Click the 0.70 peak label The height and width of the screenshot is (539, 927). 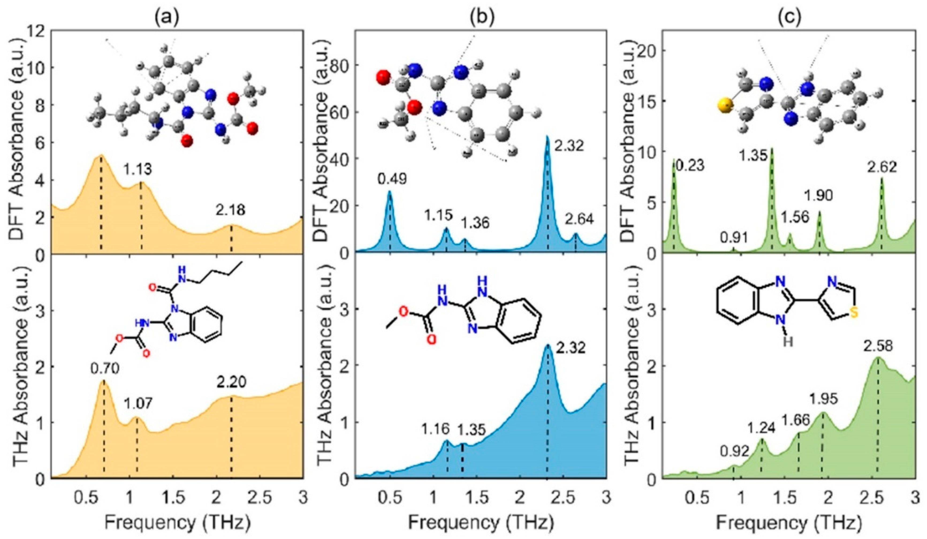[x=105, y=368]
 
